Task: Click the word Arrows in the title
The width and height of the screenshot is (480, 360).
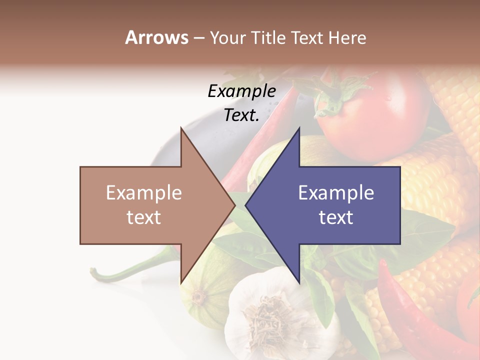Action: tap(157, 37)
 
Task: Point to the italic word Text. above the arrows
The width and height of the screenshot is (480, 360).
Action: tap(241, 115)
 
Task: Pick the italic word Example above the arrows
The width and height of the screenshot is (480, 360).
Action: tap(242, 91)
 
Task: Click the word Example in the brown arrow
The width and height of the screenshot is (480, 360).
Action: tap(144, 193)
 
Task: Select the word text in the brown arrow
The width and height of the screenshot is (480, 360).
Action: tap(144, 217)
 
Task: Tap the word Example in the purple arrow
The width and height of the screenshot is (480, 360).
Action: tap(336, 193)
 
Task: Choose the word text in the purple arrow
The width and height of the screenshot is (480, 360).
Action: tap(336, 217)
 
